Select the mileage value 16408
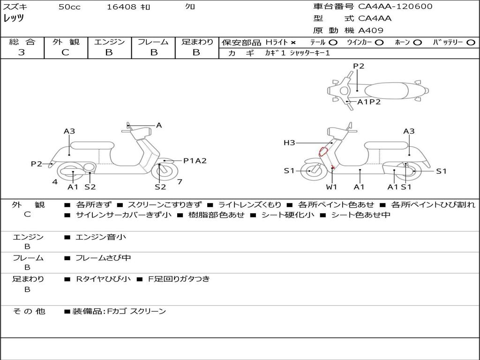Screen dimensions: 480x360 [x=121, y=7]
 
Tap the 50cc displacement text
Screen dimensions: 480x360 [x=69, y=7]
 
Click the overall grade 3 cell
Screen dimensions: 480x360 [x=22, y=52]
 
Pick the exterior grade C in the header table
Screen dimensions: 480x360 [x=66, y=52]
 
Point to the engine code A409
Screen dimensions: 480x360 [x=371, y=30]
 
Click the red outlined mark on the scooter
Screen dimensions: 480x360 [x=323, y=151]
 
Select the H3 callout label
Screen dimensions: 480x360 [x=289, y=143]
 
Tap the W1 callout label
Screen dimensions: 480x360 [x=331, y=187]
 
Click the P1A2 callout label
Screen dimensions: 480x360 [x=195, y=161]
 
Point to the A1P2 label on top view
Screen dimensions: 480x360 [x=369, y=102]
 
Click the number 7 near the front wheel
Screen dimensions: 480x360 [x=180, y=182]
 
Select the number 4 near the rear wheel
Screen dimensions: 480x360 [x=55, y=182]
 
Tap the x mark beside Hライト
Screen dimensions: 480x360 [x=293, y=43]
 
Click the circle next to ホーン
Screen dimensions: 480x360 [x=417, y=43]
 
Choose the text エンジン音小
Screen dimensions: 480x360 [x=101, y=237]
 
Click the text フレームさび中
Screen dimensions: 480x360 [x=103, y=258]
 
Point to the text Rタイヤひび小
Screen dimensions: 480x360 [x=104, y=279]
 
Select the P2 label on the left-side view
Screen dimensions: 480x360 [x=37, y=164]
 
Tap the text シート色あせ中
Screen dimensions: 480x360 [x=360, y=215]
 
